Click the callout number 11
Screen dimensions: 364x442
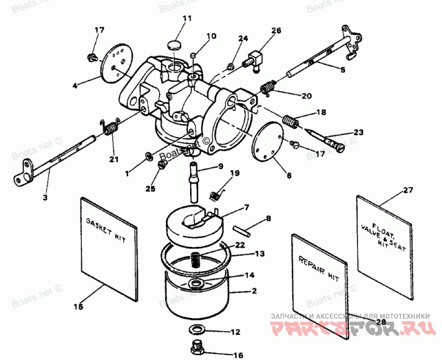[187, 19]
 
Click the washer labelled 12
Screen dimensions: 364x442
[197, 330]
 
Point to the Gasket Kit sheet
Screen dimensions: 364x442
[108, 249]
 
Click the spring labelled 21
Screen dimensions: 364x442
[110, 129]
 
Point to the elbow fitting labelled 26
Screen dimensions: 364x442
[255, 59]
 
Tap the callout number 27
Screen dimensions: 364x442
[408, 191]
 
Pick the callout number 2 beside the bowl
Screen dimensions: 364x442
[254, 291]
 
